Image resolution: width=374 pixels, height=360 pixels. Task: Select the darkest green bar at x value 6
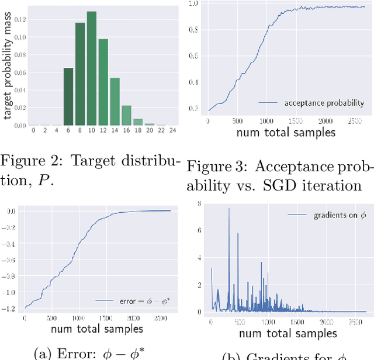tap(68, 96)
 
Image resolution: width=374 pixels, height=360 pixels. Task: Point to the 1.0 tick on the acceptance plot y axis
tap(196, 4)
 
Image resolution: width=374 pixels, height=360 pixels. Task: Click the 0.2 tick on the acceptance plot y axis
tap(196, 108)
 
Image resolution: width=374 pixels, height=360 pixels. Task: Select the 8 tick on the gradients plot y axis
tap(199, 204)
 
